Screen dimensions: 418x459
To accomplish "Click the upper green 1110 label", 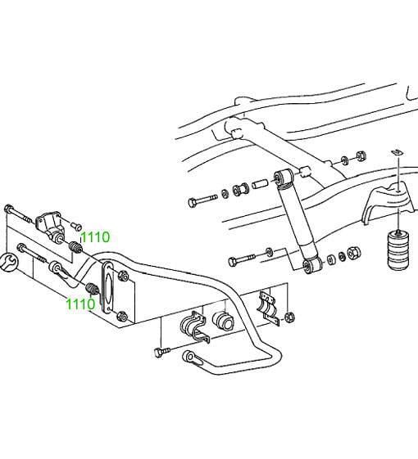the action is point(95,237).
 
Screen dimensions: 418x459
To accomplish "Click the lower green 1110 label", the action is point(80,304).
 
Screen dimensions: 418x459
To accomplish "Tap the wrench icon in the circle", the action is point(7,262).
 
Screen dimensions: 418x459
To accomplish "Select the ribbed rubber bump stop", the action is point(398,250).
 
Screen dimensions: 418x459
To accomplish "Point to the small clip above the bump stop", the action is point(398,152).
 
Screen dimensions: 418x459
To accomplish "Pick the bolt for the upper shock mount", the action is point(202,200).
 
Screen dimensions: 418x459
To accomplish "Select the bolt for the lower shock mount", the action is point(242,259).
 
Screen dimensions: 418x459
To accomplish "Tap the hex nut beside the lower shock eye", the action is point(354,253).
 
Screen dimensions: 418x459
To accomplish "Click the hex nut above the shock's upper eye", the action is point(361,155).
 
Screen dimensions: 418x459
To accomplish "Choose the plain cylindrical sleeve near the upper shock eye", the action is point(260,184).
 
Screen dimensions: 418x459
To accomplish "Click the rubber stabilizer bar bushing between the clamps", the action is point(223,321).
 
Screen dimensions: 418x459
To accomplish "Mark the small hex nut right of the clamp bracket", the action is point(289,317).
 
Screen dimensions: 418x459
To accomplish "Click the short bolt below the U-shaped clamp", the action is point(161,352).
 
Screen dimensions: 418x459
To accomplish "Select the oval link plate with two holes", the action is point(107,288).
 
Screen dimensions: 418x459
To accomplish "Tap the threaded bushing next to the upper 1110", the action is point(75,247).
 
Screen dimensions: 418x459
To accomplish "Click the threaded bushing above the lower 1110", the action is point(92,289).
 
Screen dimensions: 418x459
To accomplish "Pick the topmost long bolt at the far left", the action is point(18,214).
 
